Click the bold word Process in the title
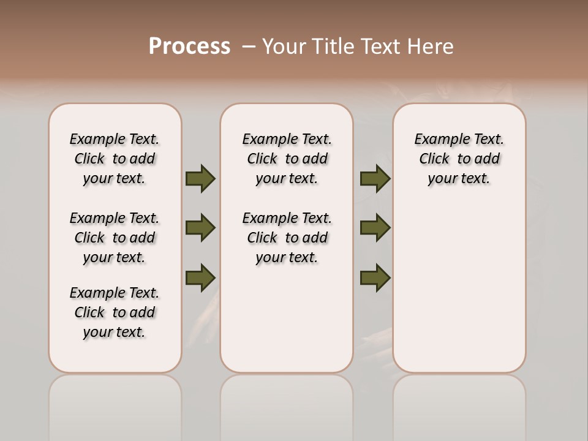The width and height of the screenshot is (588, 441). (189, 47)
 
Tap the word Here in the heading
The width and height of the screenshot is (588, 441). (429, 47)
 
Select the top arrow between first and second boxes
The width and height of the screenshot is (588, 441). (200, 178)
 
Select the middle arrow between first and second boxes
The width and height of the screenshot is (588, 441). (200, 228)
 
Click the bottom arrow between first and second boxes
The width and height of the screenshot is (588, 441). (200, 277)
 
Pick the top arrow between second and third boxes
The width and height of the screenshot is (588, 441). (375, 178)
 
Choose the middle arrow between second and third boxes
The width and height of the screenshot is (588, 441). (375, 228)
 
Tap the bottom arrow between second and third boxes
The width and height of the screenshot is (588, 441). (375, 277)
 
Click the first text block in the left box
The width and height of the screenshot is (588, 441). (115, 159)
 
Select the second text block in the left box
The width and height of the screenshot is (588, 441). (115, 238)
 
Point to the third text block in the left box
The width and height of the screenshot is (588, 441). (115, 312)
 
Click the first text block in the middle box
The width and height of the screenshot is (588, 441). (287, 159)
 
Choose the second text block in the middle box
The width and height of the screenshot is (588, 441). (287, 238)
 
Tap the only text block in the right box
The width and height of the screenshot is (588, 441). (459, 159)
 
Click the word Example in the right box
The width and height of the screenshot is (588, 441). (435, 140)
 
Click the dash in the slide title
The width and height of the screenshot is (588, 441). (249, 47)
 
